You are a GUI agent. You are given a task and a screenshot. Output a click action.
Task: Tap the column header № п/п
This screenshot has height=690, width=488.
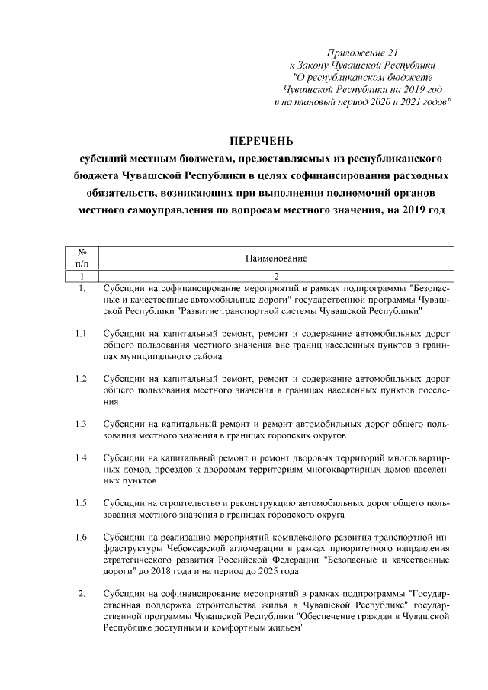click(x=82, y=258)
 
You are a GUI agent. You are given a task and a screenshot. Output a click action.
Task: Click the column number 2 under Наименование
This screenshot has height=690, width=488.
click(x=276, y=276)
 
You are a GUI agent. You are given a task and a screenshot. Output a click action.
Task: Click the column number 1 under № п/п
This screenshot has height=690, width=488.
click(x=82, y=276)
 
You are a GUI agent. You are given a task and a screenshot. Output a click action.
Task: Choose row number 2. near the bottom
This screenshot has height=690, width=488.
click(x=82, y=593)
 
